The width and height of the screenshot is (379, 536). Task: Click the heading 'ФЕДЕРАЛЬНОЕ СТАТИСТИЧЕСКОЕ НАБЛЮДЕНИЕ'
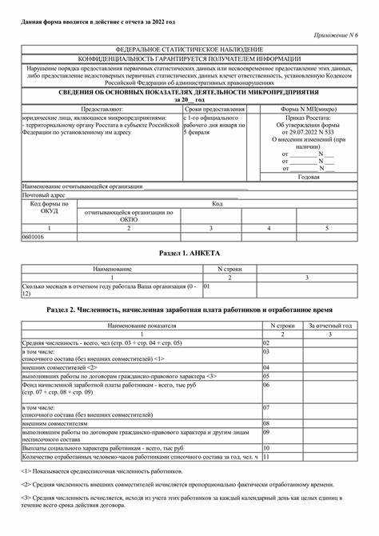coord(189,50)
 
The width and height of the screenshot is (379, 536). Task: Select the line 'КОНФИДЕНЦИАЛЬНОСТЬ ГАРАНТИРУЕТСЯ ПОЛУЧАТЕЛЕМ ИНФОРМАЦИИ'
coord(189,59)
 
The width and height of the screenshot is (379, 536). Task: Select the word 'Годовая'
coord(309,177)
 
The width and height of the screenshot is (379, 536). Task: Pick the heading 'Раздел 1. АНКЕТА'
coord(189,253)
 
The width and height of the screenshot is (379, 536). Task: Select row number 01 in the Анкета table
coord(207,286)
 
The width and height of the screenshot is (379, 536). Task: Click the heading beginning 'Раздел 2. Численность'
coord(189,309)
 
